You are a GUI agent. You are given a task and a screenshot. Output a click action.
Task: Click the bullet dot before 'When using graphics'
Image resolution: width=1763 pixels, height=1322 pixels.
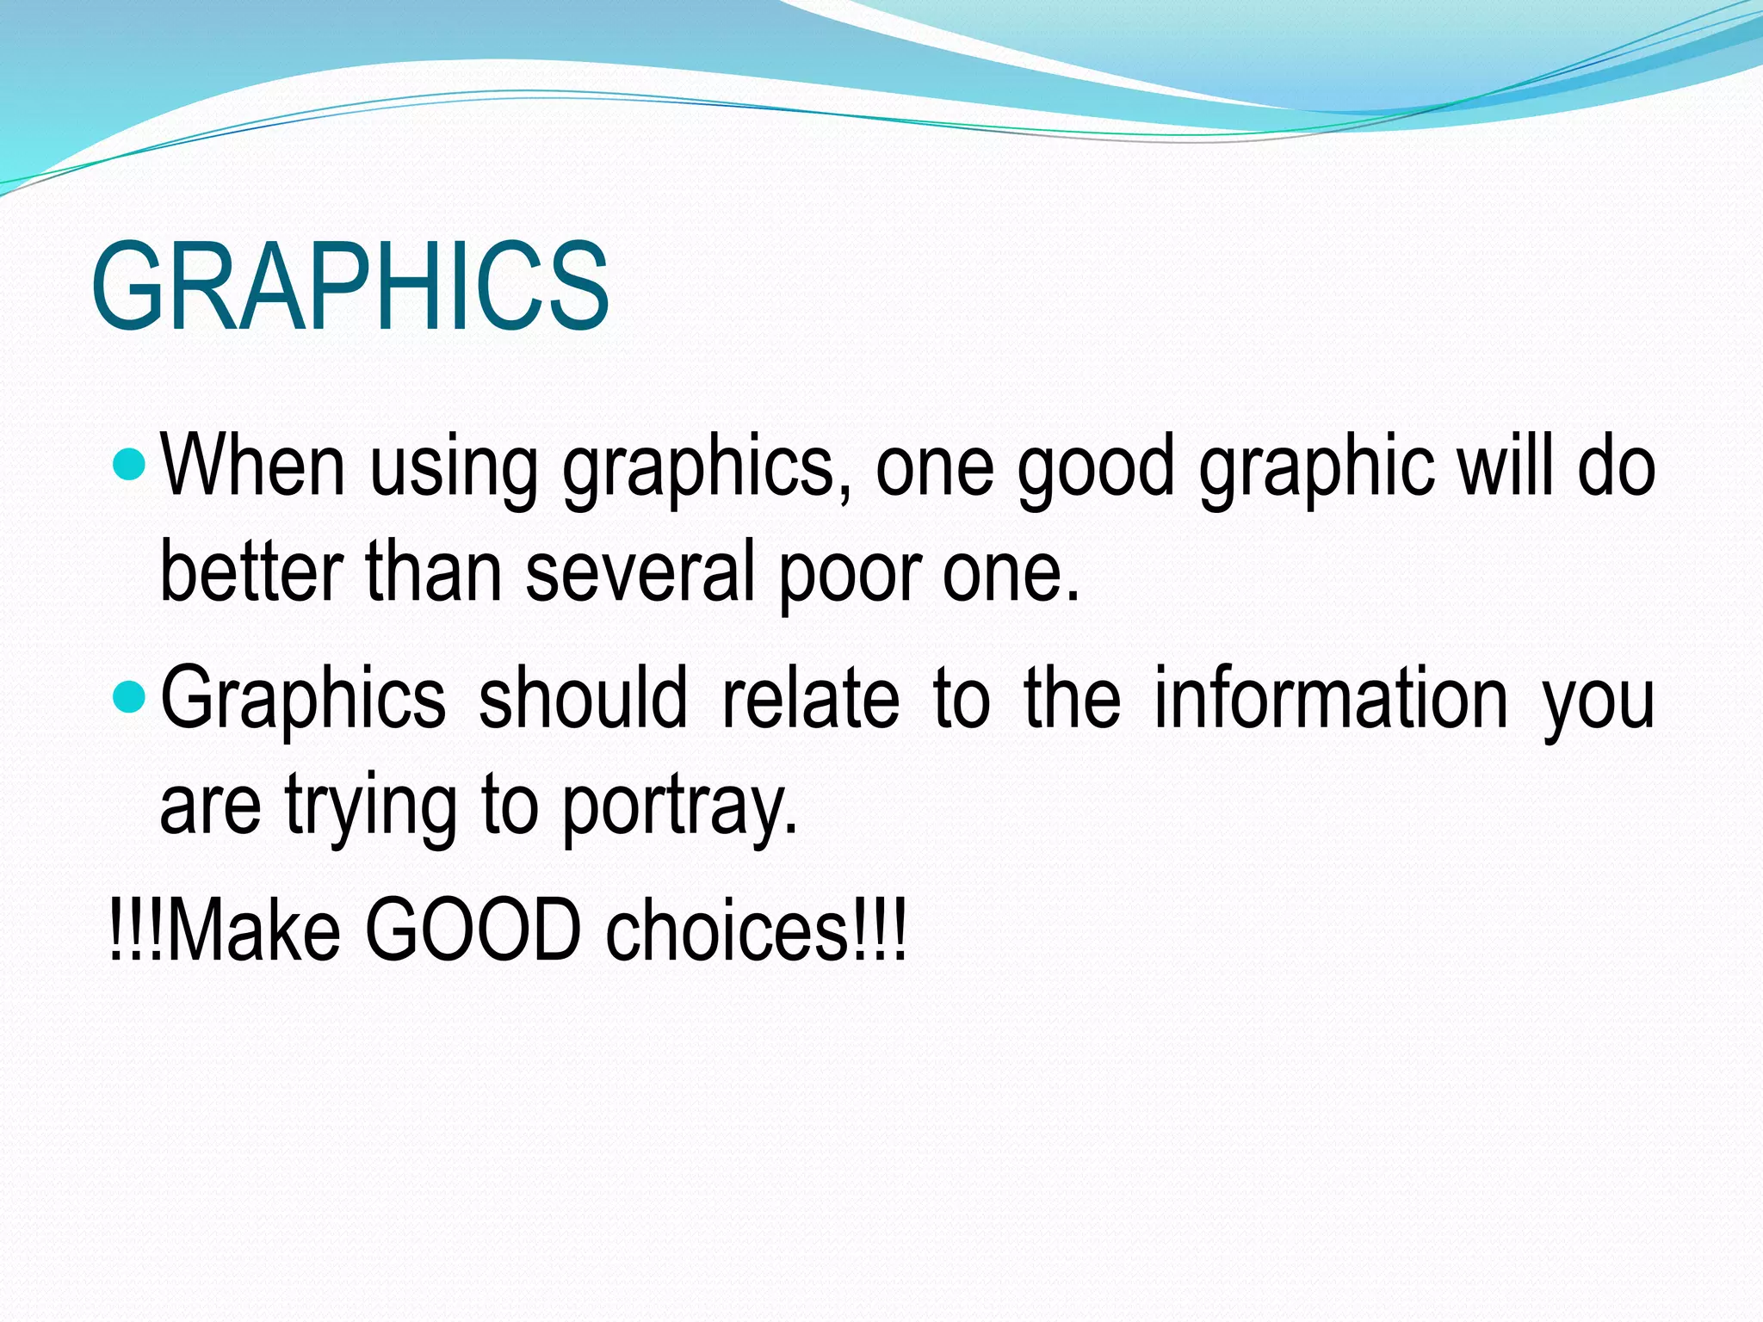[x=130, y=466]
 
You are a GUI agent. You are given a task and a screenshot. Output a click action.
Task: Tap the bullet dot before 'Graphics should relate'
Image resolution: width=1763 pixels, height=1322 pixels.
[x=130, y=695]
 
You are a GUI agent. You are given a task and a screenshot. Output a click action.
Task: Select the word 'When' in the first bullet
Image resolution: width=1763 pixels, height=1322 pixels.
[x=253, y=466]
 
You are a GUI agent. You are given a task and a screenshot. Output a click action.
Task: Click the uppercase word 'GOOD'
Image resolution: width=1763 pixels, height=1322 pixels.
[x=473, y=930]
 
